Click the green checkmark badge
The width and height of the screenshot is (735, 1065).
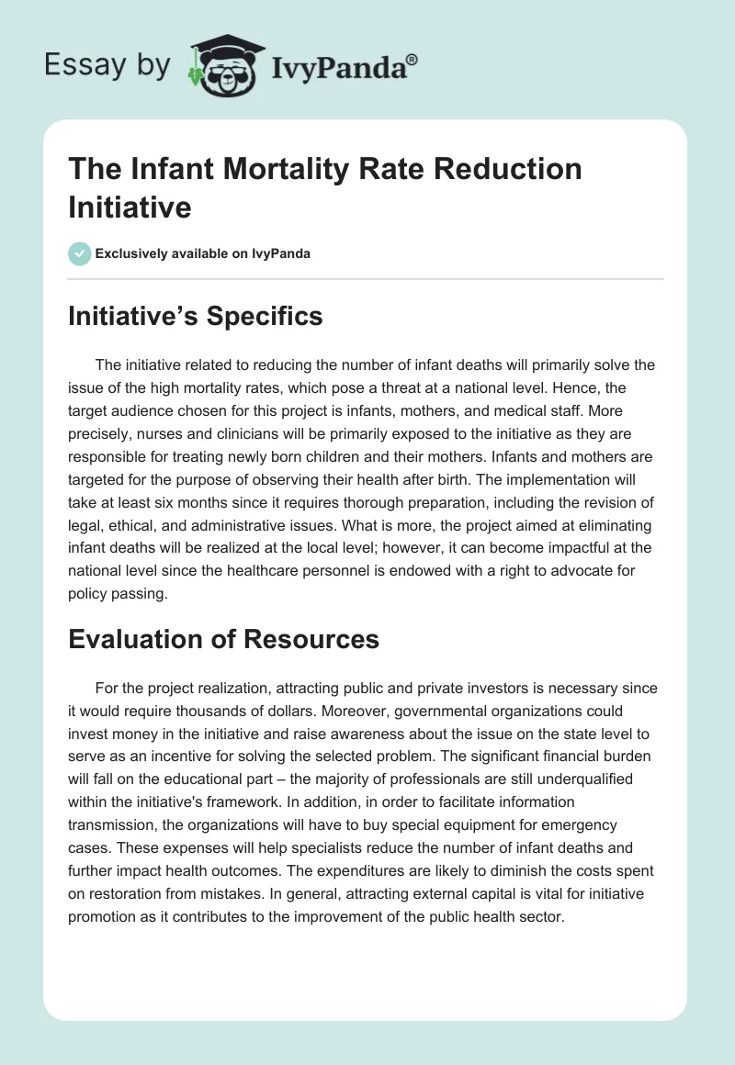point(80,253)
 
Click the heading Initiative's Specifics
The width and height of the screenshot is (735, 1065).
point(195,317)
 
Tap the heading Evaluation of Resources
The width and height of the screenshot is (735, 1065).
point(223,639)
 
